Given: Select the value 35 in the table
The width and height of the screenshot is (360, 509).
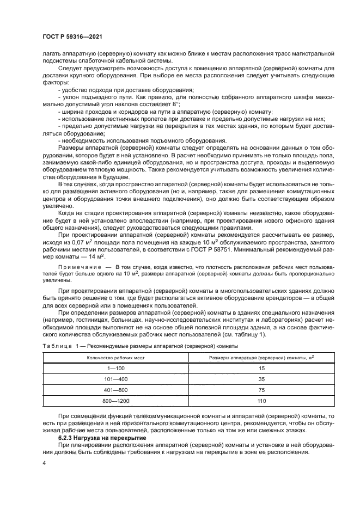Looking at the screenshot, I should click(261, 378).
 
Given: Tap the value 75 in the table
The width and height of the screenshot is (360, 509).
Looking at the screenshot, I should click(261, 390).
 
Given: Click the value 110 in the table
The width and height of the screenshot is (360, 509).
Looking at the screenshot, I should click(261, 401).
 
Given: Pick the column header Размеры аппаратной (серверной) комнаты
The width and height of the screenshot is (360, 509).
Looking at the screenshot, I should click(261, 357).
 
